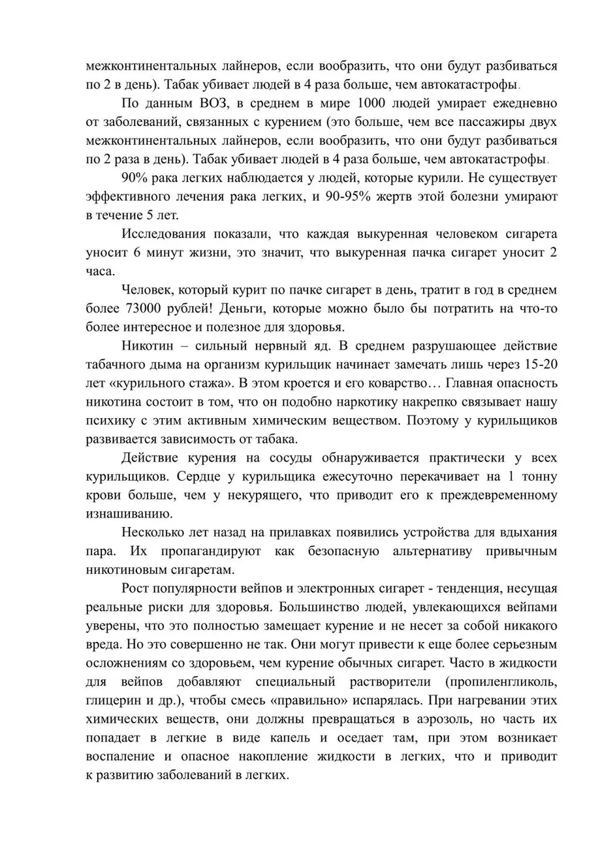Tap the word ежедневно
pyautogui.click(x=520, y=104)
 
